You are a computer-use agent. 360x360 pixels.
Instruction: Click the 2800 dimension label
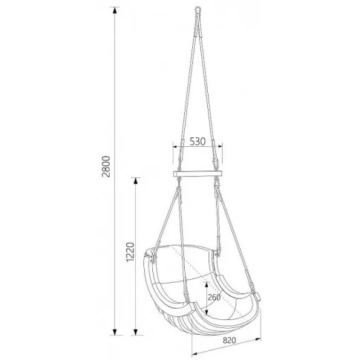(x=106, y=166)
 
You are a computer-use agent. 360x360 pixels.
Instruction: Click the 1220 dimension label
(x=130, y=252)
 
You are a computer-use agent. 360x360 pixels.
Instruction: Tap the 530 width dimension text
(x=197, y=142)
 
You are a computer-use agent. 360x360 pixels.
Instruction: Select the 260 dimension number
(x=214, y=297)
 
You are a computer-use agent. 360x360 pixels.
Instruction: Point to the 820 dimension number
(x=229, y=341)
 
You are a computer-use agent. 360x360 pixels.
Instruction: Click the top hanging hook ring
(x=197, y=10)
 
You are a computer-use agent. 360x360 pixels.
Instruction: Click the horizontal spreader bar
(x=197, y=174)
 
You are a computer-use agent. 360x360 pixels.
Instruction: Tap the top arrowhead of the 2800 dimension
(x=114, y=10)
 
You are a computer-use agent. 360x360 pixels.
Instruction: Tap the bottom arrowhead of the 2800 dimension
(x=114, y=332)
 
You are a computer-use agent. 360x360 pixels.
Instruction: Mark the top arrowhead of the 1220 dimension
(x=135, y=181)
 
